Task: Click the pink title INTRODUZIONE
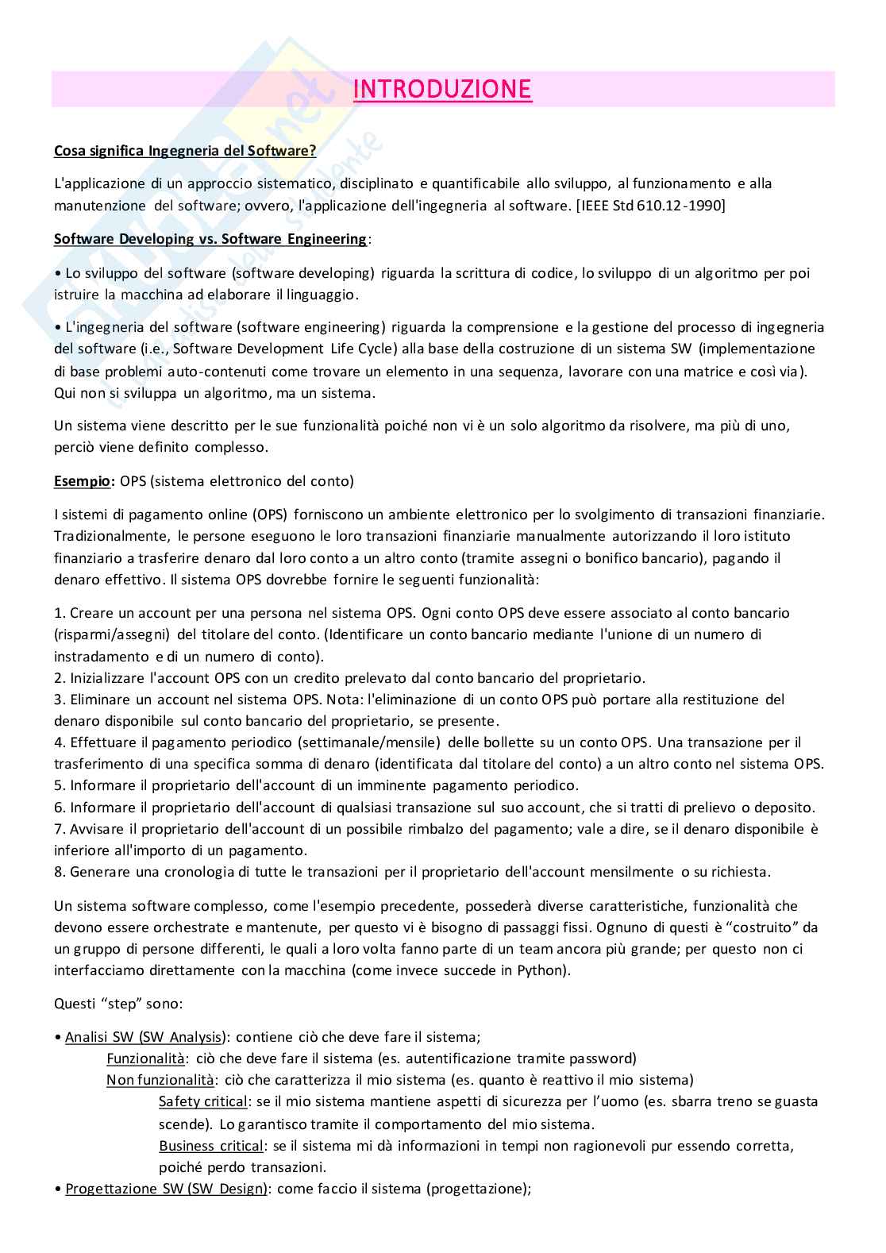coord(442,90)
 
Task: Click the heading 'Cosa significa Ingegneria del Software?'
coord(185,151)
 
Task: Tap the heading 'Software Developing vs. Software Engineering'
coord(210,239)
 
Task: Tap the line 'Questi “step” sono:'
coord(119,1004)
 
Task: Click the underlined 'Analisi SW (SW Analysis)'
coord(148,1037)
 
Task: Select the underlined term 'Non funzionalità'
coord(160,1080)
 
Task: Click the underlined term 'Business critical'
coord(211,1146)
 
